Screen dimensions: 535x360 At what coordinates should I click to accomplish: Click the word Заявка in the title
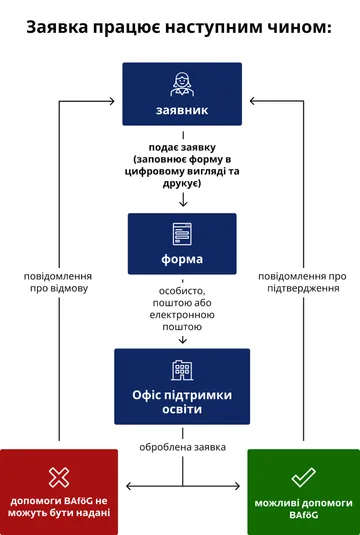(63, 27)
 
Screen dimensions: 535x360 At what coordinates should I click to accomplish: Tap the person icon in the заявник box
(181, 84)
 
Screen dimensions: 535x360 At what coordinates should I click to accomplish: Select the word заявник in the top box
(181, 110)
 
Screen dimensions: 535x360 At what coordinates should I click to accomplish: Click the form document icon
(181, 234)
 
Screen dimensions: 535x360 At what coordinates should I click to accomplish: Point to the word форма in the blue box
(181, 259)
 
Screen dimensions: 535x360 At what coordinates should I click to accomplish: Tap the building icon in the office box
(181, 370)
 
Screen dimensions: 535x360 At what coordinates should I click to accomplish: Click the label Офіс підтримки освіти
(181, 402)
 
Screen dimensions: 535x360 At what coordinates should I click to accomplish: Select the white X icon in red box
(59, 476)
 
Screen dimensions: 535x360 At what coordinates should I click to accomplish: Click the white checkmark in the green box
(303, 477)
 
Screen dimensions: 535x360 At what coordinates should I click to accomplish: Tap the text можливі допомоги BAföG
(303, 508)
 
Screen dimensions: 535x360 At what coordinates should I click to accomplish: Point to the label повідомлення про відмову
(59, 281)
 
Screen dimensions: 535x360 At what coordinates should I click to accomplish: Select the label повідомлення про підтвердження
(303, 281)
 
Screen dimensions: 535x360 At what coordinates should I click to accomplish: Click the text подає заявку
(181, 147)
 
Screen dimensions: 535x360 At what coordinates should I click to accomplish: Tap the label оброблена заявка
(181, 446)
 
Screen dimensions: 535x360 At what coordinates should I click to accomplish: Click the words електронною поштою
(181, 319)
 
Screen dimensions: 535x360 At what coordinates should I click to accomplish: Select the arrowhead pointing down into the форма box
(181, 204)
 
